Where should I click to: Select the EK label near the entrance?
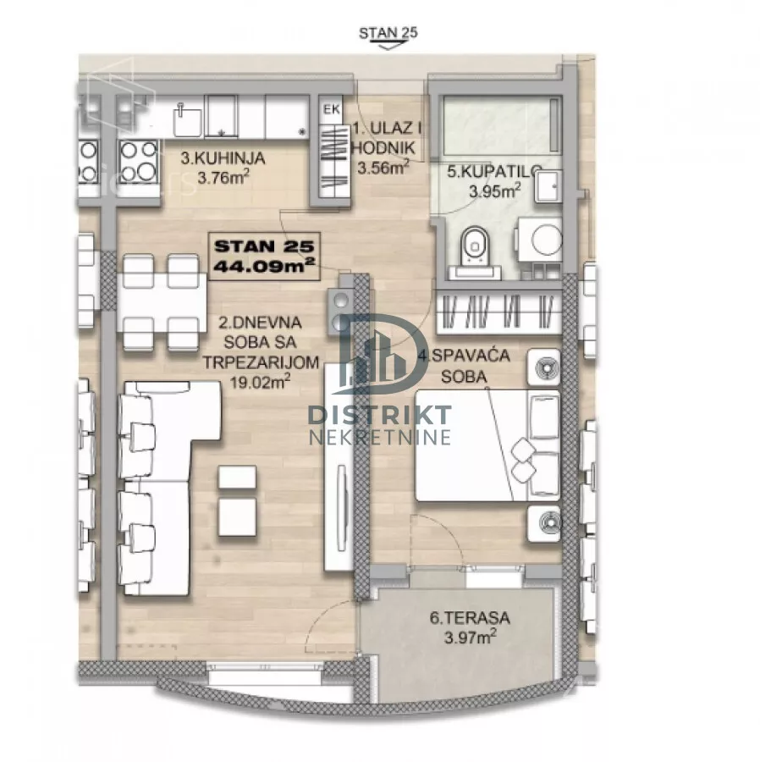[x=332, y=110]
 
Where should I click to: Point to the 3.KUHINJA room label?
[x=223, y=158]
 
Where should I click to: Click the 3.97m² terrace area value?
[x=470, y=637]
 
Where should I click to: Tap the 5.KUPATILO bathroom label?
[x=494, y=172]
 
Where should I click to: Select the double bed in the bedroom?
[x=487, y=445]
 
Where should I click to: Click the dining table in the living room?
[x=162, y=301]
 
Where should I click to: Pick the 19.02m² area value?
[x=260, y=382]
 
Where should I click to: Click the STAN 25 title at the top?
[x=388, y=33]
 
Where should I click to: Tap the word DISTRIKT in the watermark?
[x=380, y=415]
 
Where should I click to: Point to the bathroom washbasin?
[x=548, y=185]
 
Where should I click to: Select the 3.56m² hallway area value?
[x=383, y=168]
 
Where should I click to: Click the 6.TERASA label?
[x=470, y=618]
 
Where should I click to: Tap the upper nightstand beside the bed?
[x=544, y=367]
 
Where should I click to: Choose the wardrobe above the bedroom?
[x=499, y=311]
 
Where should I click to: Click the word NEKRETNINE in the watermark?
[x=380, y=437]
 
